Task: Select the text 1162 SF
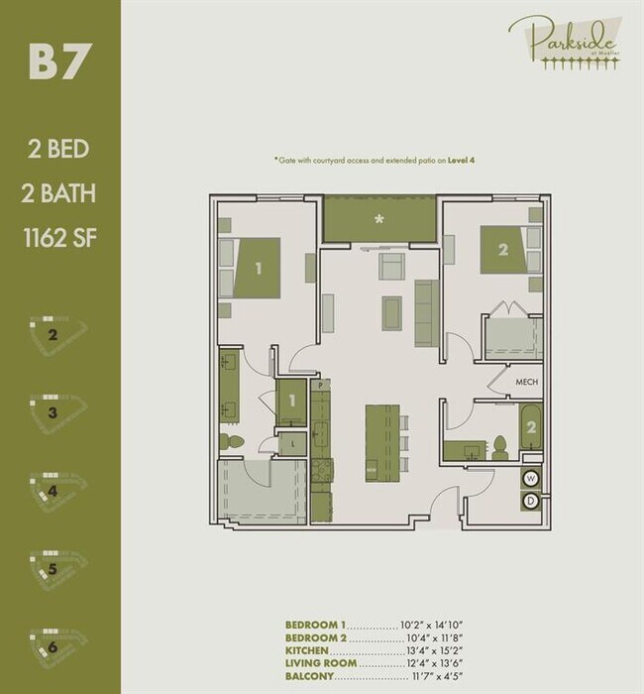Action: coord(60,238)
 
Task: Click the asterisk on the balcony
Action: coord(377,217)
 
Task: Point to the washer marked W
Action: coord(531,478)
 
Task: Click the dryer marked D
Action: coord(531,501)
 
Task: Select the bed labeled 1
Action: coord(260,267)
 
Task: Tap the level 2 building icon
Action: coord(54,333)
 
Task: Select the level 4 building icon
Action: coord(54,488)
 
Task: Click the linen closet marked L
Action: coord(294,445)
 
